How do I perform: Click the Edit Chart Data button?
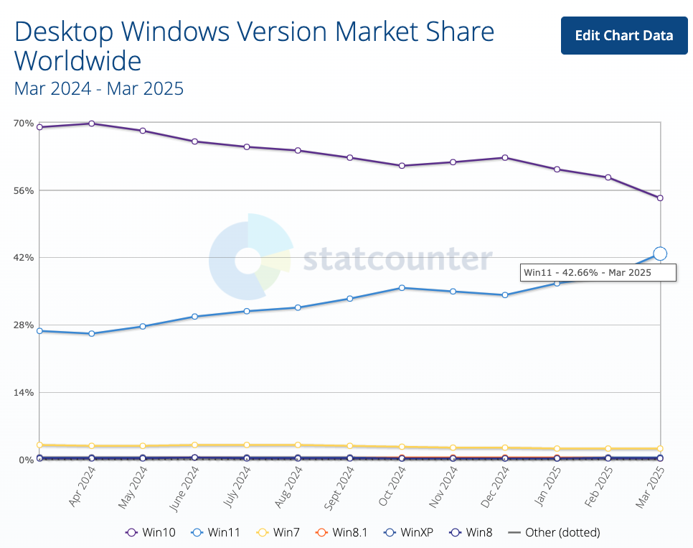pos(624,35)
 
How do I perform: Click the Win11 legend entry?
pos(216,533)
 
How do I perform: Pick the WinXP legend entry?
pos(410,533)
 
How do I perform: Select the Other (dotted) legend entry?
pos(554,533)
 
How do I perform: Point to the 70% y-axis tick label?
pos(24,124)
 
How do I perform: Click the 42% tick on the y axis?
pos(24,258)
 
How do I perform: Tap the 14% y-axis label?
pos(24,392)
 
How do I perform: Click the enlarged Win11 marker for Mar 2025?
pos(660,254)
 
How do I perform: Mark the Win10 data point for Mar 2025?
pos(660,198)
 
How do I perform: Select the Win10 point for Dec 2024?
pos(505,157)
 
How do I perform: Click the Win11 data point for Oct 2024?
pos(402,287)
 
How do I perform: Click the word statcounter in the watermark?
pos(397,259)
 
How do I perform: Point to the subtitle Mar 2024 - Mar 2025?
pos(99,88)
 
